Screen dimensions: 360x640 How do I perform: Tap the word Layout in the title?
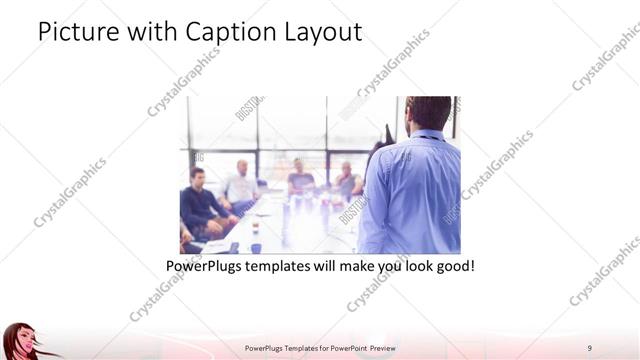coord(323,32)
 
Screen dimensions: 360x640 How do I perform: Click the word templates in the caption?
coord(288,268)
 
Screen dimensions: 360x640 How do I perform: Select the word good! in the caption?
coord(451,268)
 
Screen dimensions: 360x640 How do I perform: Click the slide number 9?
coord(589,347)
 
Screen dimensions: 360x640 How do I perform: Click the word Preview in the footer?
coord(379,347)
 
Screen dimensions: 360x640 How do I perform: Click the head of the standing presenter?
coord(429,113)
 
